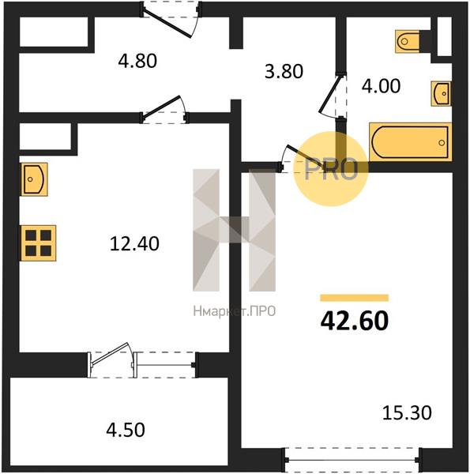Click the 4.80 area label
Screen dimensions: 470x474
(x=137, y=61)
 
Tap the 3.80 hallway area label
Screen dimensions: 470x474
(x=284, y=72)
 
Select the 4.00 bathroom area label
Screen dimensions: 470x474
(x=382, y=86)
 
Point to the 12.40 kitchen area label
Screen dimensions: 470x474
(x=134, y=243)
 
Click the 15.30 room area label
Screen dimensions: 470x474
(x=407, y=413)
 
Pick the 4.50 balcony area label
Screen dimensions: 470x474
(x=126, y=430)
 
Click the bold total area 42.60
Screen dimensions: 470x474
(x=354, y=321)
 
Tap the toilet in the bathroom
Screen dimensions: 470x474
(x=408, y=41)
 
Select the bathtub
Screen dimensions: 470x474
(x=411, y=142)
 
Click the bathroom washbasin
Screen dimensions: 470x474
(x=442, y=94)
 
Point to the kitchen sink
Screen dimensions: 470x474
(x=34, y=179)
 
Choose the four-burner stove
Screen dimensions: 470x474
(x=39, y=243)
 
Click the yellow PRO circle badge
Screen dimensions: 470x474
(x=331, y=169)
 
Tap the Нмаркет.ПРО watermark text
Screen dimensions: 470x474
(x=235, y=311)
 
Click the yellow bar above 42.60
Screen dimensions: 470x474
(x=354, y=298)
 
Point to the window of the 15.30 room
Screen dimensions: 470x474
(x=352, y=460)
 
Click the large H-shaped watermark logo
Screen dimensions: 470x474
(x=235, y=230)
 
